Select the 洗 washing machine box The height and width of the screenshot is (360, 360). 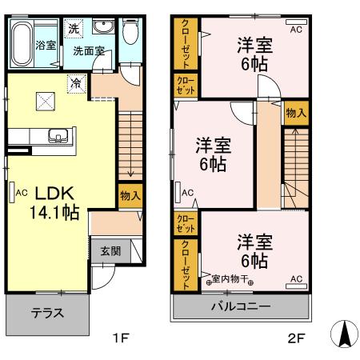point(73,30)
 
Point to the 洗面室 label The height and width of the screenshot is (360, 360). point(90,50)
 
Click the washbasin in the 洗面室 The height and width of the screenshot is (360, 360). point(102,30)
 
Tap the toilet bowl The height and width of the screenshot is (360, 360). point(130,34)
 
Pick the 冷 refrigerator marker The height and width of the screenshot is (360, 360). point(76,81)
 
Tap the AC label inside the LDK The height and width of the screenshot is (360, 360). point(22,193)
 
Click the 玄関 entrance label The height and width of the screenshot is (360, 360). point(110,250)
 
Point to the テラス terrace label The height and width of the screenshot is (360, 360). point(49,313)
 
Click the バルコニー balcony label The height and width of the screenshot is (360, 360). point(241,306)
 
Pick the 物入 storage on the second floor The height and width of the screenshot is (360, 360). point(295,113)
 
